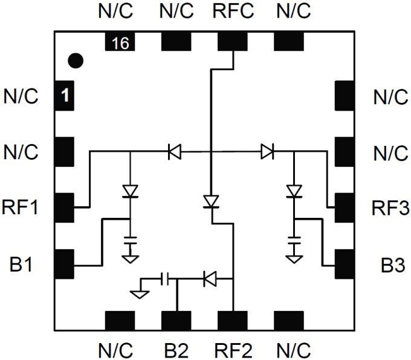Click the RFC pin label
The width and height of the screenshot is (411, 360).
(x=233, y=11)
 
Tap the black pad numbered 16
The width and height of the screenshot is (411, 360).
(x=120, y=42)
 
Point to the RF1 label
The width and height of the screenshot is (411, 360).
(x=22, y=209)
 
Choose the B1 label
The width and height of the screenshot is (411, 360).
(x=22, y=264)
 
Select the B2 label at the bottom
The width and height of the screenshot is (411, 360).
(x=176, y=349)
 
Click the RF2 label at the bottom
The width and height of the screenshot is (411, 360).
(x=233, y=349)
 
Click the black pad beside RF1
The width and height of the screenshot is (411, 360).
(x=64, y=208)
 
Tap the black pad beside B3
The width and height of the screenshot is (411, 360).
(x=344, y=264)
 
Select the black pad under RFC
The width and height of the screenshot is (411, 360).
(x=233, y=41)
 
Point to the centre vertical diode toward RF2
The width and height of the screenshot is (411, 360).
(x=210, y=201)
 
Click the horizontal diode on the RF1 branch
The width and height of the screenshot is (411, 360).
(x=174, y=151)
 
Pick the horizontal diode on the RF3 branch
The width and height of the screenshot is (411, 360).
(x=267, y=151)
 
